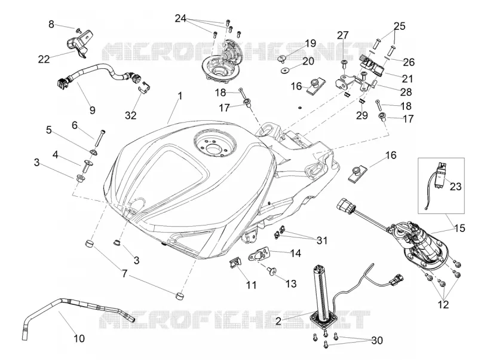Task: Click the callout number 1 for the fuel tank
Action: click(x=180, y=96)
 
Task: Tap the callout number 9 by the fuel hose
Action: click(x=93, y=110)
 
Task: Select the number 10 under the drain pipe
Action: click(x=79, y=338)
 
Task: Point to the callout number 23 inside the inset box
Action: click(x=456, y=186)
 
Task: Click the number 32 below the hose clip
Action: click(x=130, y=115)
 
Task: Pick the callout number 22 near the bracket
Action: click(x=44, y=59)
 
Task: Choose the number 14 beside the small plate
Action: click(x=296, y=253)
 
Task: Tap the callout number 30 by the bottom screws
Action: click(x=377, y=340)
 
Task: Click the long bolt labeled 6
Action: click(x=100, y=139)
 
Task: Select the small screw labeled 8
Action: click(x=79, y=29)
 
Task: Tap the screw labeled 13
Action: click(x=271, y=271)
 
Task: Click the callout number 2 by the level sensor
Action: click(x=278, y=321)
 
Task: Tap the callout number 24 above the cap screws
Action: click(x=180, y=19)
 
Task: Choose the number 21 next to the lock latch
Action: click(x=407, y=79)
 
